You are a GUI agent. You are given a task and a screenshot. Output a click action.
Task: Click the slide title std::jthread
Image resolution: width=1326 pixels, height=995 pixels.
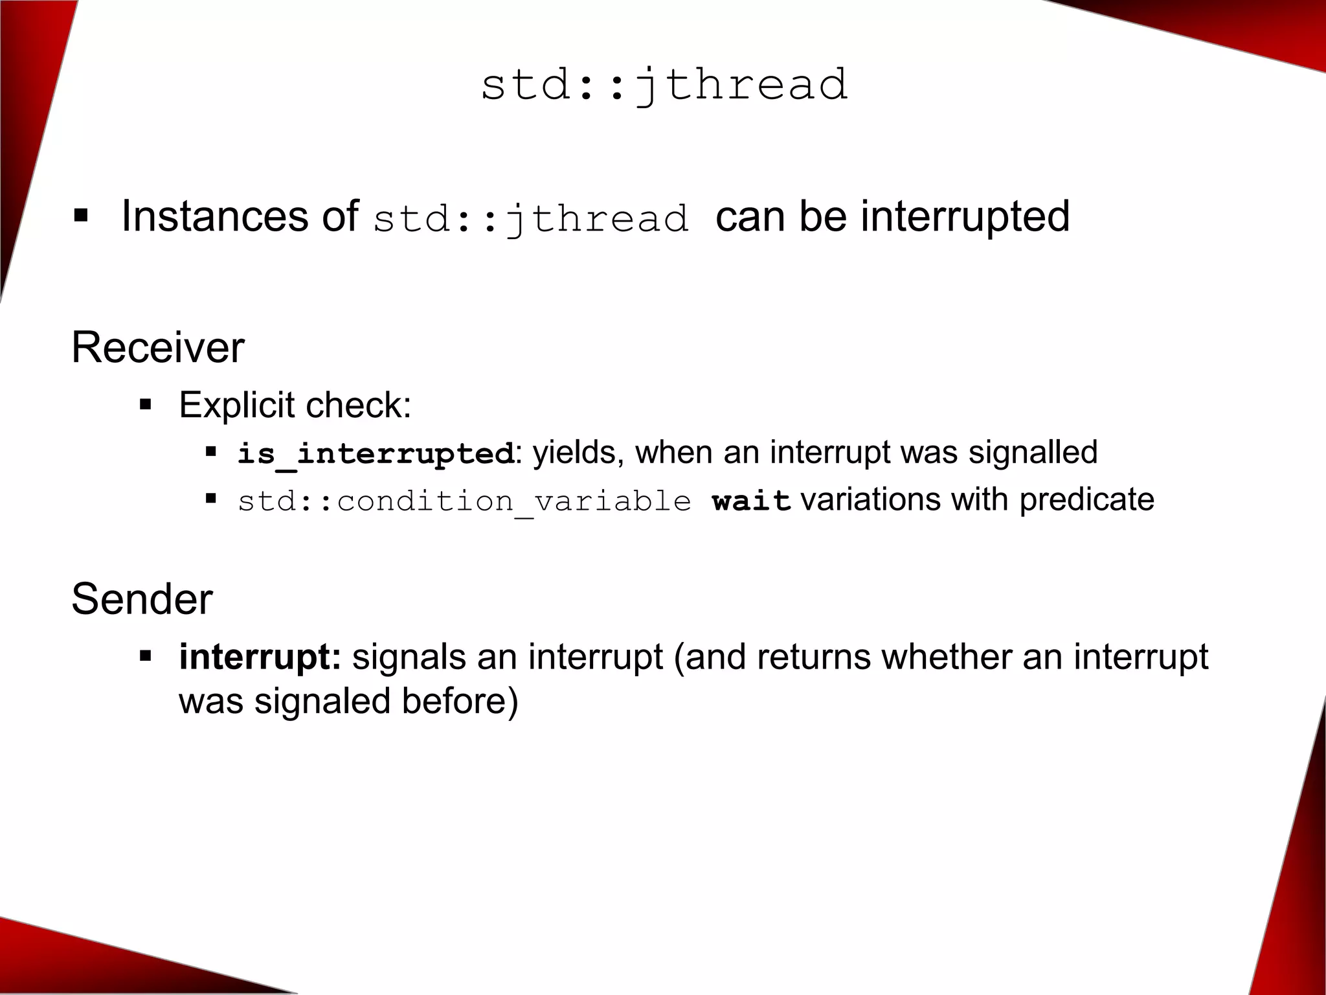point(664,86)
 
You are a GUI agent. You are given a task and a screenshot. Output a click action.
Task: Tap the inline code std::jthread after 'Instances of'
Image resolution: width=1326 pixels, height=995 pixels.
point(531,218)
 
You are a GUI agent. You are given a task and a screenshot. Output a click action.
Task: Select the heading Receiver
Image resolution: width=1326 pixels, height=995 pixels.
point(158,347)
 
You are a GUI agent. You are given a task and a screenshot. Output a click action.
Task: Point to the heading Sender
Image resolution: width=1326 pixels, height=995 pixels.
point(142,599)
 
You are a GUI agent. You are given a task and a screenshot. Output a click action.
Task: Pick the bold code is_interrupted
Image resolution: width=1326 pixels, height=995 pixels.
point(376,453)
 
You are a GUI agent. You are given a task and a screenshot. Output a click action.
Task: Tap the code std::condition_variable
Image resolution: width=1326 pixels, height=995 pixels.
point(464,501)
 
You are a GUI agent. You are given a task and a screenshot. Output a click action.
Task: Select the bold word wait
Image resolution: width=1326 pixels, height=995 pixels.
point(751,501)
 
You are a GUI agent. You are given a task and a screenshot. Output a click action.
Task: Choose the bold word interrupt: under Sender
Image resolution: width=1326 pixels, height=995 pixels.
point(260,657)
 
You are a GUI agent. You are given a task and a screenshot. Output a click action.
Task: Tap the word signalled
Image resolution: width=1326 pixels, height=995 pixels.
point(1033,452)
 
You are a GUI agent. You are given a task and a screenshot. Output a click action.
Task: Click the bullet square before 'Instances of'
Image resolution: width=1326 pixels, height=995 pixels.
point(80,215)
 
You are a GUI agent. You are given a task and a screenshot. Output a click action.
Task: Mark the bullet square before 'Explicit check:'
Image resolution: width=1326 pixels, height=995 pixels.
point(145,406)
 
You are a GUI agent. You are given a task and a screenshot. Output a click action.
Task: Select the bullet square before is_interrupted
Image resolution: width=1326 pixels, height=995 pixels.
point(210,451)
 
